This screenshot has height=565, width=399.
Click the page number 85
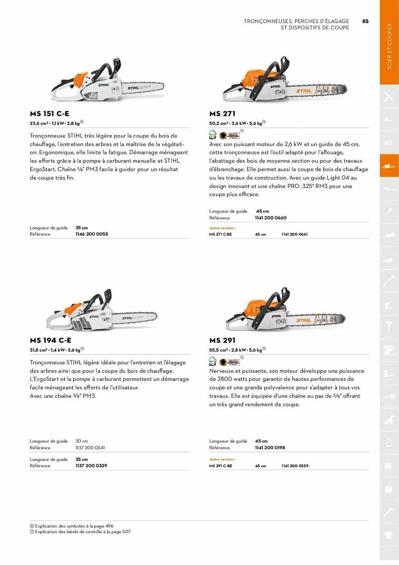pos(365,21)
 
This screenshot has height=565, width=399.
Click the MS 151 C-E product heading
pos(49,114)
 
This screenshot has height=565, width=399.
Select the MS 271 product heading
pos(222,114)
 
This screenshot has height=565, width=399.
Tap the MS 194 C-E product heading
pos(51,340)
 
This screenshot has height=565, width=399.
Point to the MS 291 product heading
pos(222,340)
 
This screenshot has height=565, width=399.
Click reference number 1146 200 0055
pos(92,234)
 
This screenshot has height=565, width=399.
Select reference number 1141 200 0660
pos(271,218)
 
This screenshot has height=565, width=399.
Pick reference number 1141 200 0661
pos(295,234)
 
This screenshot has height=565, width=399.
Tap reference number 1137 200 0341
pos(90,447)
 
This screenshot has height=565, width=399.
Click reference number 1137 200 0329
pos(91,466)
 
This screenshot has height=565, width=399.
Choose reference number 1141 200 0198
pos(270,447)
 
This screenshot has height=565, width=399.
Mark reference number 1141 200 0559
pos(295,466)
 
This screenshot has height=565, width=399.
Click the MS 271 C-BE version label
pos(221,234)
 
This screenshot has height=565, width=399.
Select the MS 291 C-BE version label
pos(221,466)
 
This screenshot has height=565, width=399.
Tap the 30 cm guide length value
pos(82,441)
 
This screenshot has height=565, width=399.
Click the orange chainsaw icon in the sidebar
pos(389,166)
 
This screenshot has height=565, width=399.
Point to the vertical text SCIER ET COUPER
pos(389,47)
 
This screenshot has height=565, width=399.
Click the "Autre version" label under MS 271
pos(223,228)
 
